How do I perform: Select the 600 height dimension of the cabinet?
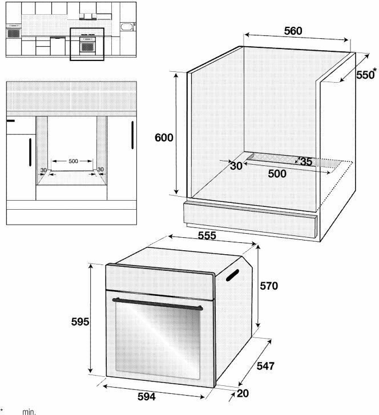pos(164,137)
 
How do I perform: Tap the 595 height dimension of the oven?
pos(80,322)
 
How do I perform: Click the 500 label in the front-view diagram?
pos(73,161)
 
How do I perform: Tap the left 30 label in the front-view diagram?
pos(43,169)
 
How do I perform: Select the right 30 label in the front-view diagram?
pos(100,169)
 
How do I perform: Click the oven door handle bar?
pos(157,303)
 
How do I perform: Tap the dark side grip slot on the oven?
pos(231,275)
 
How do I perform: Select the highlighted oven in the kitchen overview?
pos(87,44)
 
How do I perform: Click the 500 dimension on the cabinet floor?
pos(277,174)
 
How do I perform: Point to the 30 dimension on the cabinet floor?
pos(236,166)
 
